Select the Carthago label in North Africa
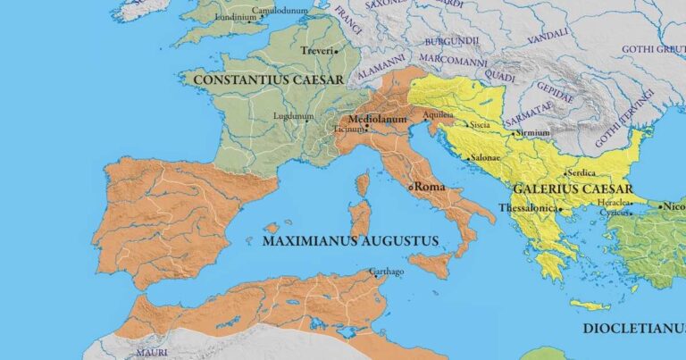coord(385,271)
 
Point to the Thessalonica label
coord(528,208)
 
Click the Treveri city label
coord(317,51)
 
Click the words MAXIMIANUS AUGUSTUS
coord(351,241)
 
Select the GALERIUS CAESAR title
coord(573,189)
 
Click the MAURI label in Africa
coord(152,353)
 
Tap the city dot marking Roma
coord(411,188)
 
